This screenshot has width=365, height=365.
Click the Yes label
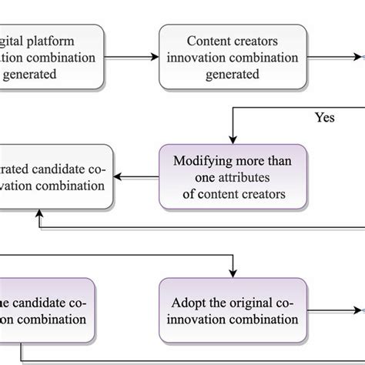point(324,118)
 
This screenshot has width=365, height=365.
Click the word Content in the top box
point(206,41)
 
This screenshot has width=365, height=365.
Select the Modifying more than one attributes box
point(233,176)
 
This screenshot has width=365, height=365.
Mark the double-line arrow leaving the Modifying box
point(136,177)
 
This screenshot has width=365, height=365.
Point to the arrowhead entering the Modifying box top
point(233,140)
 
